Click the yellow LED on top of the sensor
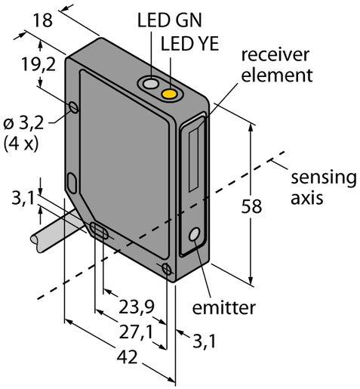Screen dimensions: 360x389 [169, 94]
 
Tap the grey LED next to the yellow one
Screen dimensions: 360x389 [150, 84]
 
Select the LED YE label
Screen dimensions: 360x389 [189, 44]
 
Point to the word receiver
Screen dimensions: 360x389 [275, 54]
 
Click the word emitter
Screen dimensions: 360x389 [223, 307]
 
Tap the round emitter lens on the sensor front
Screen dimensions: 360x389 [195, 234]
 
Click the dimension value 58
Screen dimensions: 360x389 [251, 206]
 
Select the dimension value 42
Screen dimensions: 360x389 [127, 357]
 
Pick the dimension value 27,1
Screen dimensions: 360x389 [136, 332]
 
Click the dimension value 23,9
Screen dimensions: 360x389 [136, 307]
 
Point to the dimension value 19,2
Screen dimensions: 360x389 [38, 64]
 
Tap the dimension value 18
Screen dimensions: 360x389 [43, 20]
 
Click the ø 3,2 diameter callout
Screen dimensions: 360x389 [23, 124]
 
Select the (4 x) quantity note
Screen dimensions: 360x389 [21, 144]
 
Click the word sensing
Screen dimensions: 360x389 [324, 178]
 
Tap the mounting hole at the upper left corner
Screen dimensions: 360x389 [74, 107]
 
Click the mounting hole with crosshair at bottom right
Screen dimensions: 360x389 [167, 269]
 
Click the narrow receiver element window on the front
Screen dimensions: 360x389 [194, 159]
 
